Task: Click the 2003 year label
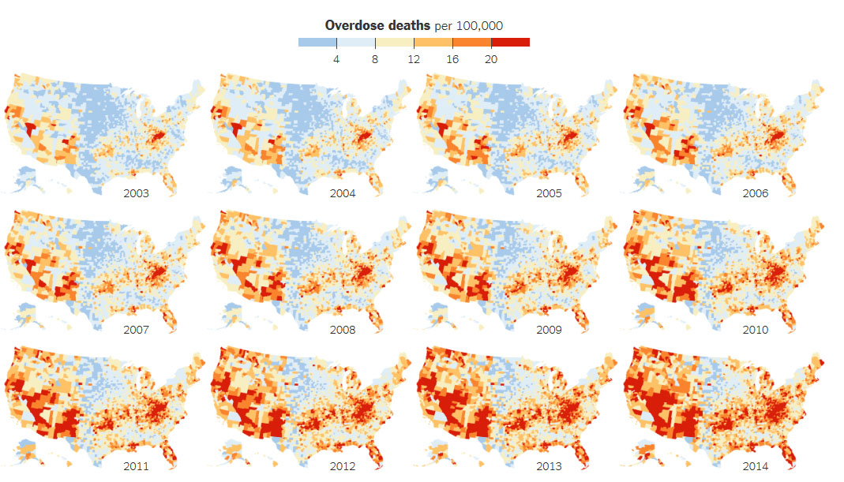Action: tap(137, 192)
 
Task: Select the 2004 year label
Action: tap(342, 192)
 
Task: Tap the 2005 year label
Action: tap(549, 192)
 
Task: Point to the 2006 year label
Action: tap(756, 192)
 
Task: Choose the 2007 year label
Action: tap(137, 329)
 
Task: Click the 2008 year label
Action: tap(342, 329)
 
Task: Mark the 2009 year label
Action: tap(549, 329)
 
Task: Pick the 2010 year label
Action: tap(756, 329)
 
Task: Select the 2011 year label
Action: tap(137, 466)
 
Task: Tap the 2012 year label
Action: tap(342, 466)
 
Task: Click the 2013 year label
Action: tap(549, 466)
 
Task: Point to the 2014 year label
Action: tap(756, 466)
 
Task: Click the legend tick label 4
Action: tap(336, 60)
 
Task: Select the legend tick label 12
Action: tap(414, 60)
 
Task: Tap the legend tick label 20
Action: tap(491, 60)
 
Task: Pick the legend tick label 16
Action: tap(452, 60)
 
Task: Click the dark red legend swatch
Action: tap(511, 42)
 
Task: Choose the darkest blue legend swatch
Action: tap(317, 42)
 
